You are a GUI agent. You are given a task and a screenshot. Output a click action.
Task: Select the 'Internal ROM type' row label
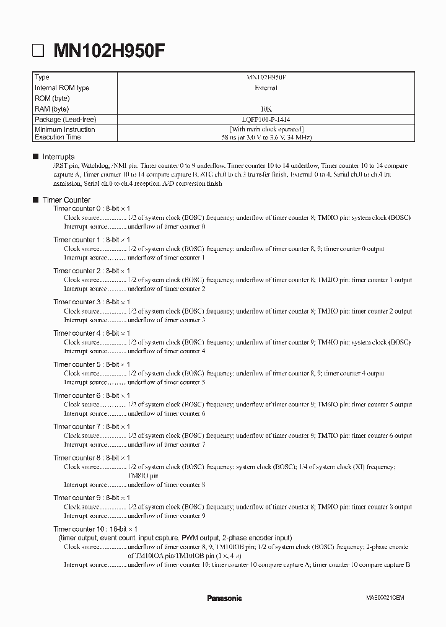(62, 88)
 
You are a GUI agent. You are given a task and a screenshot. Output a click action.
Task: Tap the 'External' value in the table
(266, 88)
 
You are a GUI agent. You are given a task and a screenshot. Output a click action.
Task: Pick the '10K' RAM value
(266, 108)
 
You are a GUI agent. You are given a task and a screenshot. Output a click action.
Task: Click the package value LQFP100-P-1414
(266, 119)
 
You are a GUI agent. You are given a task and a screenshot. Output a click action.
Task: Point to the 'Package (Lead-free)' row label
(66, 119)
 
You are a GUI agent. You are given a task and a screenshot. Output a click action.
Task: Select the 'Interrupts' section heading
(58, 157)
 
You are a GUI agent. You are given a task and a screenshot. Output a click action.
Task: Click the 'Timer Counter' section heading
(66, 200)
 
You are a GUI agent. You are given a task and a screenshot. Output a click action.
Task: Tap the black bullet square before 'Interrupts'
(35, 157)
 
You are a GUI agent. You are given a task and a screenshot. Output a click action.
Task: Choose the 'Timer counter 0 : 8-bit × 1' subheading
(91, 209)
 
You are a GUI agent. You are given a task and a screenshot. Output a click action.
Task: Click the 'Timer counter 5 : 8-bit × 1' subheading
(91, 365)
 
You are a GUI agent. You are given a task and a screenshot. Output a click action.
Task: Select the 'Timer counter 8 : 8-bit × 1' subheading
(91, 458)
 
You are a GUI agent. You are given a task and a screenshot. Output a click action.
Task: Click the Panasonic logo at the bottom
(224, 598)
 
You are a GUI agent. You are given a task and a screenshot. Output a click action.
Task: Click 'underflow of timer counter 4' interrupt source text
(166, 351)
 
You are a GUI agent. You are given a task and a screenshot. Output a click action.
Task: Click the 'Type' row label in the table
(42, 77)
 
